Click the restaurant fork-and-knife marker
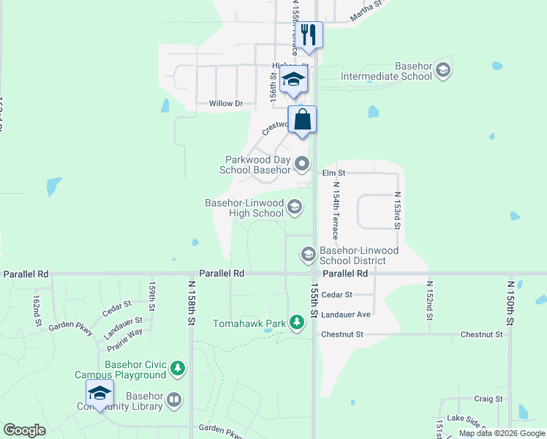[309, 34]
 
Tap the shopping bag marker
[302, 119]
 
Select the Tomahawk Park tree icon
[296, 321]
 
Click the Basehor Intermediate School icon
[442, 71]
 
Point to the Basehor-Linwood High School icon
[295, 208]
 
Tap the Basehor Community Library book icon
[174, 399]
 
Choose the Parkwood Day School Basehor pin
[302, 165]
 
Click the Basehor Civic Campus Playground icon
[178, 369]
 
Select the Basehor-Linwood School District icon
[308, 255]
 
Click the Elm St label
[333, 173]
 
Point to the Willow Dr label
[226, 104]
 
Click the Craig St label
[488, 399]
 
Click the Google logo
[25, 430]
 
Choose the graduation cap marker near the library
[99, 394]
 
